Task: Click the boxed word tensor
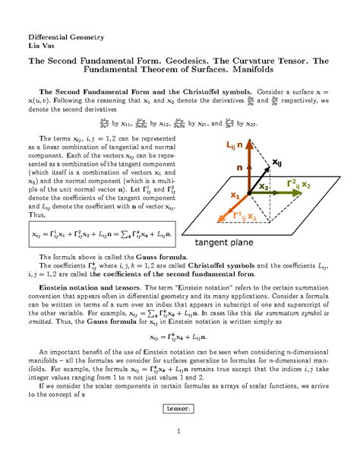[179, 408]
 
